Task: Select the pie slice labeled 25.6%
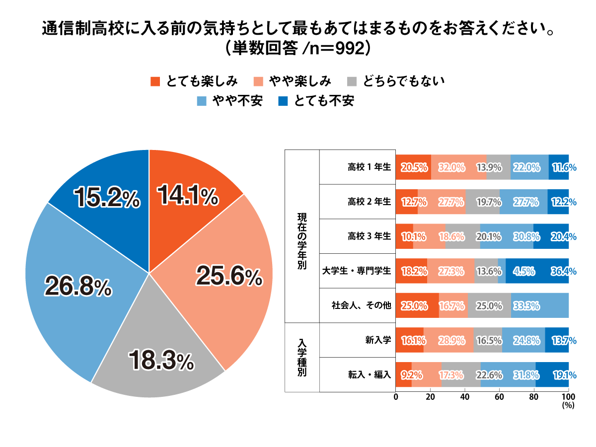(x=228, y=276)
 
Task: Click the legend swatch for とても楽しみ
(x=155, y=80)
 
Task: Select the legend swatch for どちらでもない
(x=352, y=80)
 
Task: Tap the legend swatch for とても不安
(x=283, y=101)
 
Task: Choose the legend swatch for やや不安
(x=201, y=101)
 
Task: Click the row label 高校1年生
(x=369, y=167)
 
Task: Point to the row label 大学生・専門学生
(x=357, y=271)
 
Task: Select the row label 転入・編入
(x=369, y=375)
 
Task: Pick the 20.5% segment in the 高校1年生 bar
(x=414, y=167)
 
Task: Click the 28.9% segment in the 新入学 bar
(x=448, y=340)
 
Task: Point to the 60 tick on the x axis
(x=500, y=397)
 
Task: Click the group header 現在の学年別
(x=302, y=236)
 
